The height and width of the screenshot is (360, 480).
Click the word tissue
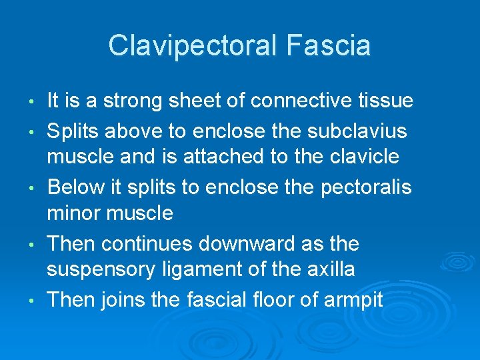click(x=385, y=101)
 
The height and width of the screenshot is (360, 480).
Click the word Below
click(x=73, y=187)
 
